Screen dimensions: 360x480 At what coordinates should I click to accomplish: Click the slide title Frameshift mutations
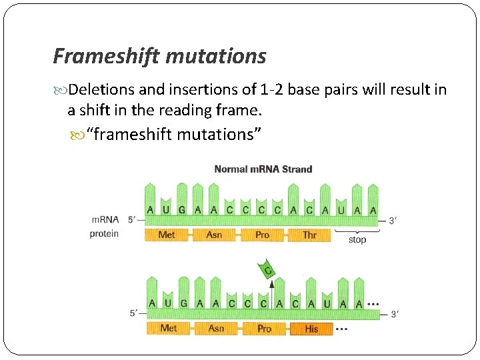point(159,56)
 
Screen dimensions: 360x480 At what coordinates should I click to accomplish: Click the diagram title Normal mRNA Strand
point(263,169)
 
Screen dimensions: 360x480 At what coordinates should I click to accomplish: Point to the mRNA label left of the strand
point(105,219)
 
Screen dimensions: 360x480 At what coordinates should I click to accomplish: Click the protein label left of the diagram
point(104,233)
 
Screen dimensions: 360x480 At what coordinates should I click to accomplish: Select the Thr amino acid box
point(309,235)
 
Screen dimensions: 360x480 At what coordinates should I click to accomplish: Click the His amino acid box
point(311,329)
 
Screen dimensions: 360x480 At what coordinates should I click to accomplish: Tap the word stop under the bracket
point(357,240)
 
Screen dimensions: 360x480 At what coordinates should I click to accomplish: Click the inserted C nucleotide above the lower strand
point(268,269)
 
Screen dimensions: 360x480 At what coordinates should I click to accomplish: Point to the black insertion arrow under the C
point(271,291)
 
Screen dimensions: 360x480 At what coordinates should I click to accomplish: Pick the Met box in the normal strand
point(167,235)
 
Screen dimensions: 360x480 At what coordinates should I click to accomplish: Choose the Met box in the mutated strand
point(169,328)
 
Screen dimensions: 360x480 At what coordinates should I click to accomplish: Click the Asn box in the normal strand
point(214,235)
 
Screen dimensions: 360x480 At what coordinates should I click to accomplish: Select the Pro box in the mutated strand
point(264,329)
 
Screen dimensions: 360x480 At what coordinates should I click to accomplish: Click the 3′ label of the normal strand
point(393,220)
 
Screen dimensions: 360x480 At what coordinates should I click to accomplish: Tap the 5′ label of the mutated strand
point(135,313)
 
